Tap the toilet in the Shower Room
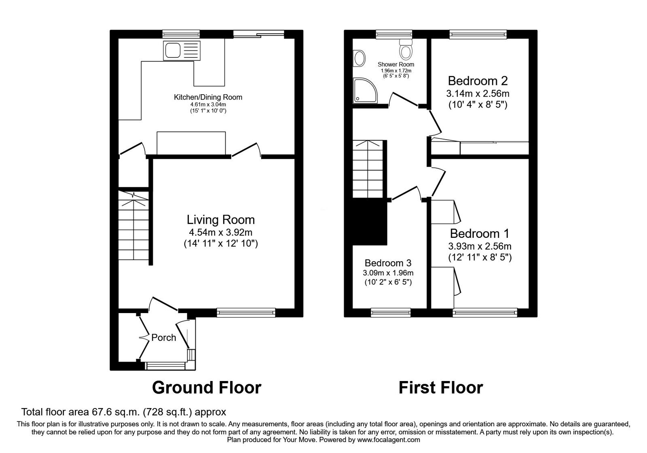click(x=405, y=50)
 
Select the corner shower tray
click(x=365, y=90)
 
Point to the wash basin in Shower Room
click(x=358, y=59)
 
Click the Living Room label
click(x=221, y=220)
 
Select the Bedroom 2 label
click(x=478, y=80)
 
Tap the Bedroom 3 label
click(x=388, y=263)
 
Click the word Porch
click(x=164, y=337)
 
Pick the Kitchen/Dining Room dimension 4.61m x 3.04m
click(x=208, y=104)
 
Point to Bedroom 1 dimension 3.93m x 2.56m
click(x=480, y=246)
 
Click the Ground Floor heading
click(x=207, y=387)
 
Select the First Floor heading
click(x=441, y=387)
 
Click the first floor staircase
click(x=367, y=169)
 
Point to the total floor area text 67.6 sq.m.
click(x=123, y=412)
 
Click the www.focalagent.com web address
click(x=388, y=440)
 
